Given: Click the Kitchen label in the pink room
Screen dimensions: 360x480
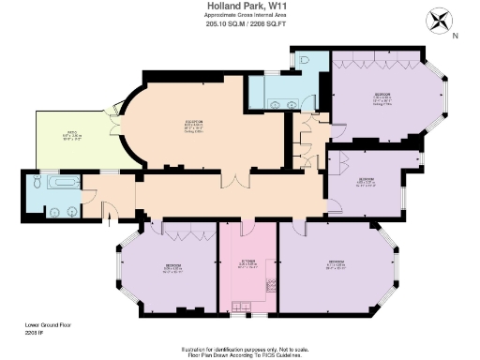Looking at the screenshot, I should pos(247,263).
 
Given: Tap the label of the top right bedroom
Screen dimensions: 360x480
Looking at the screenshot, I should pos(383,97).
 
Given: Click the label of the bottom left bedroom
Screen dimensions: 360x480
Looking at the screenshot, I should pos(172,268).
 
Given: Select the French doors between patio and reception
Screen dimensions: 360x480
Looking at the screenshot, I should pos(115,130).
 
